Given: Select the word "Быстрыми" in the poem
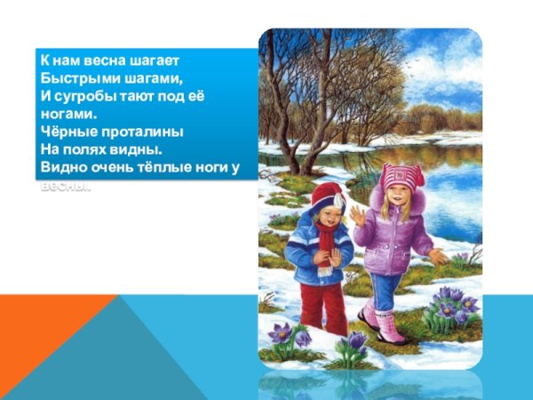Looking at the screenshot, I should (71, 77).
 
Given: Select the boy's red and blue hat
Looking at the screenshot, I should (326, 196).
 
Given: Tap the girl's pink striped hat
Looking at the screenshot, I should (402, 175).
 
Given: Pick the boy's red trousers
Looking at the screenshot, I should (322, 307).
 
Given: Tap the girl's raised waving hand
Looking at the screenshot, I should (358, 215).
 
